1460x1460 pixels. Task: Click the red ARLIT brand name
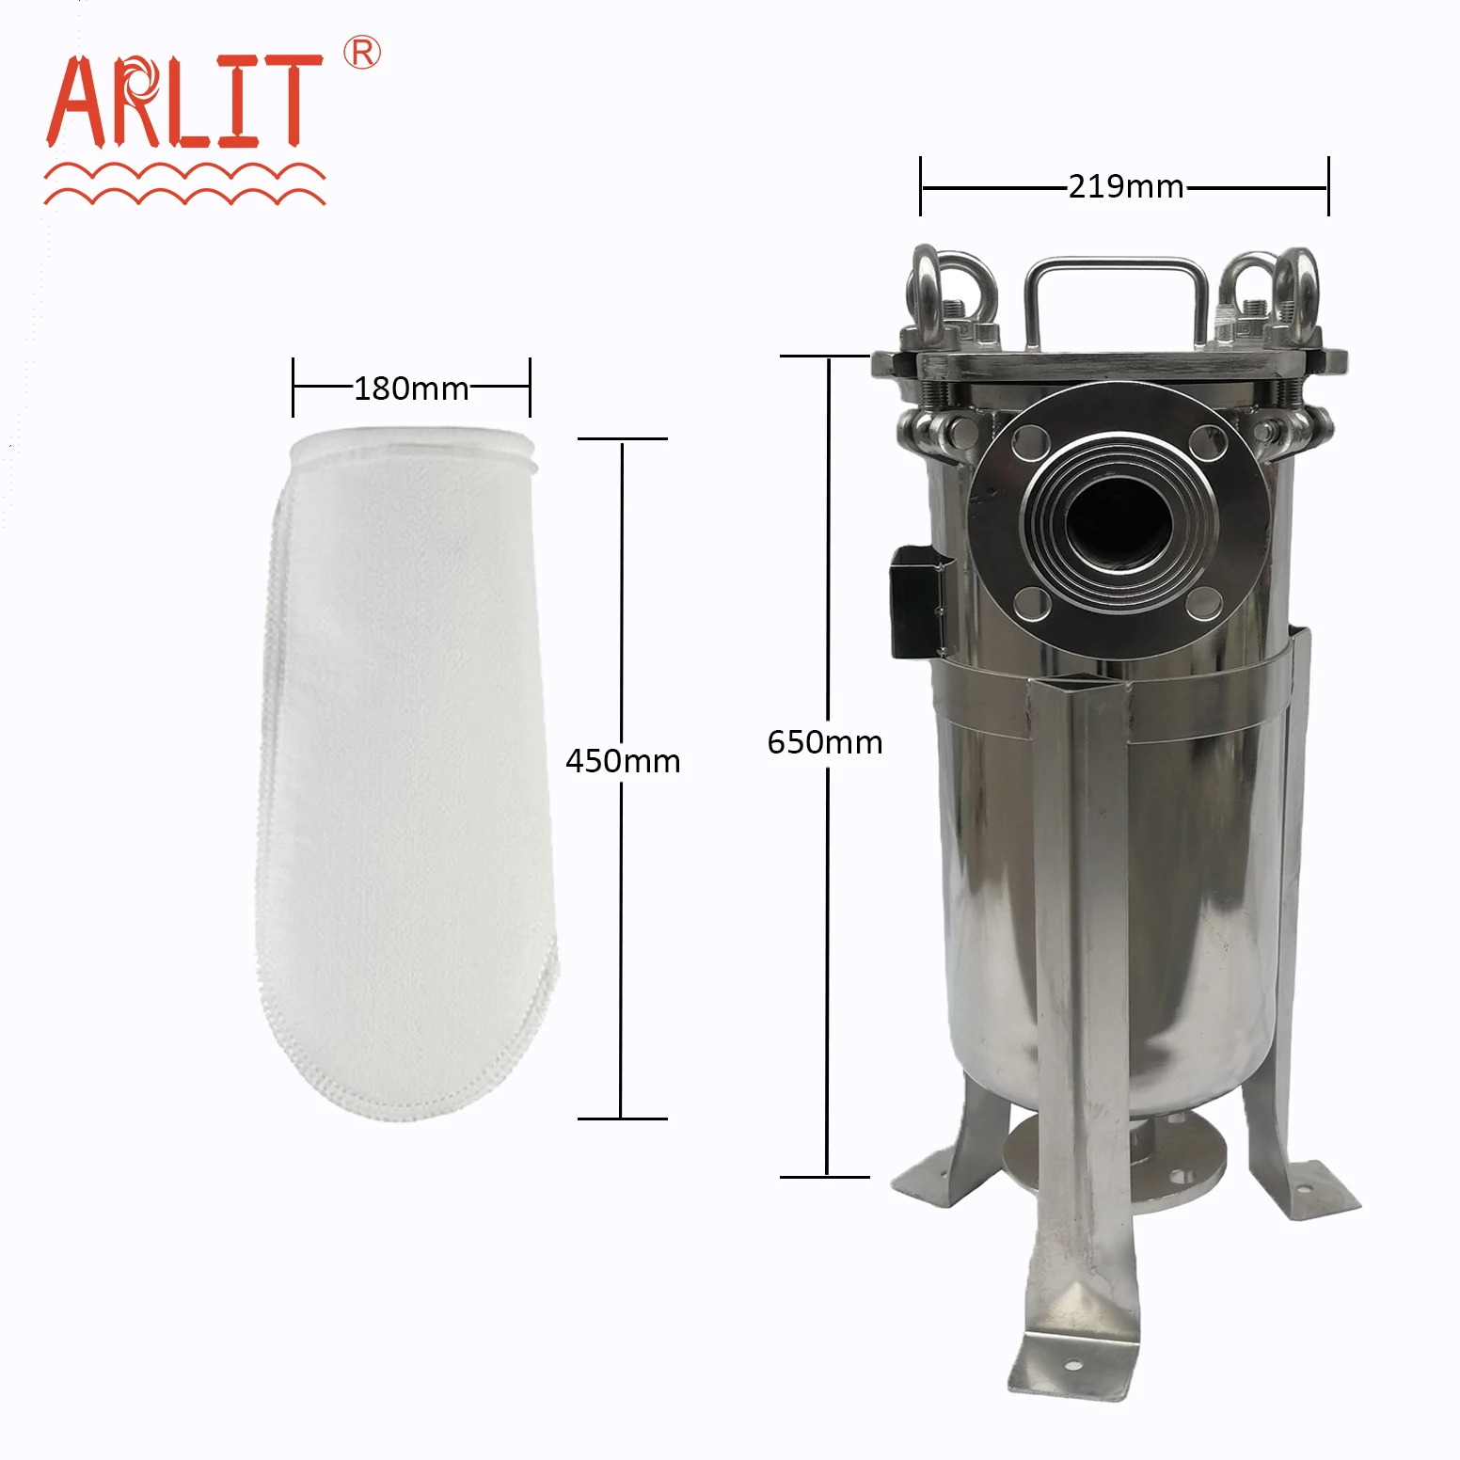tap(183, 102)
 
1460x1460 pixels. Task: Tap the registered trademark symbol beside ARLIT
tap(361, 53)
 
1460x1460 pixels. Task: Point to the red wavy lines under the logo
tap(184, 184)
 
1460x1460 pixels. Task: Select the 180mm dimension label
tap(411, 389)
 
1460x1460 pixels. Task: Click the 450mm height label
tap(623, 761)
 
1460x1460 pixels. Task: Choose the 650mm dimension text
tap(825, 742)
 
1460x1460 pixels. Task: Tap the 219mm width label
tap(1126, 186)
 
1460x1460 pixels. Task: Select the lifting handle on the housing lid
tap(1116, 282)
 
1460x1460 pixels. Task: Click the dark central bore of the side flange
tap(1118, 524)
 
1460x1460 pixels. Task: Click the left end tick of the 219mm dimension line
tap(921, 186)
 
